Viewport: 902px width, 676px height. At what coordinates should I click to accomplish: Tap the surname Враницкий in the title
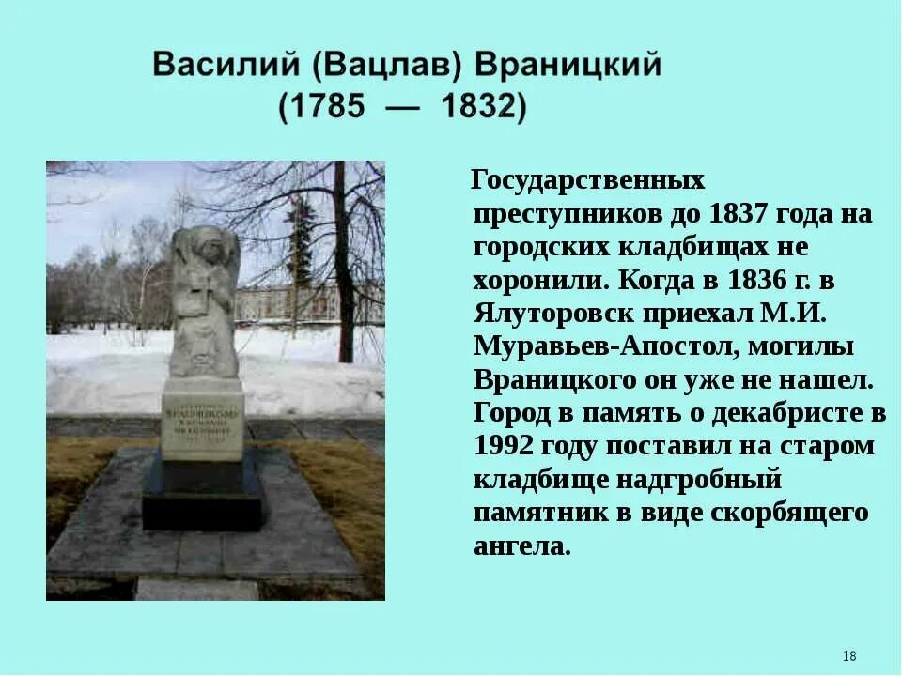click(x=569, y=67)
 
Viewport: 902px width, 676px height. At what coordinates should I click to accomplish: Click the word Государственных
click(x=587, y=178)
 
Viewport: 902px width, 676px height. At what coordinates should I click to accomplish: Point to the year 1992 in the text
click(x=510, y=446)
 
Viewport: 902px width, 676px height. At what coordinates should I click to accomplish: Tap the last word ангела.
click(x=521, y=546)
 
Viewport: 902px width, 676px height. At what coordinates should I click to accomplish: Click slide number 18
click(x=848, y=655)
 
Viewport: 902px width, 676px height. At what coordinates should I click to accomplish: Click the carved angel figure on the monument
click(x=203, y=300)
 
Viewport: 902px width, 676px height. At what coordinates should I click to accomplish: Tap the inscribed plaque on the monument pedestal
click(x=202, y=419)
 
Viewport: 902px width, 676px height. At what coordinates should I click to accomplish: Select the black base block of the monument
click(x=202, y=498)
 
